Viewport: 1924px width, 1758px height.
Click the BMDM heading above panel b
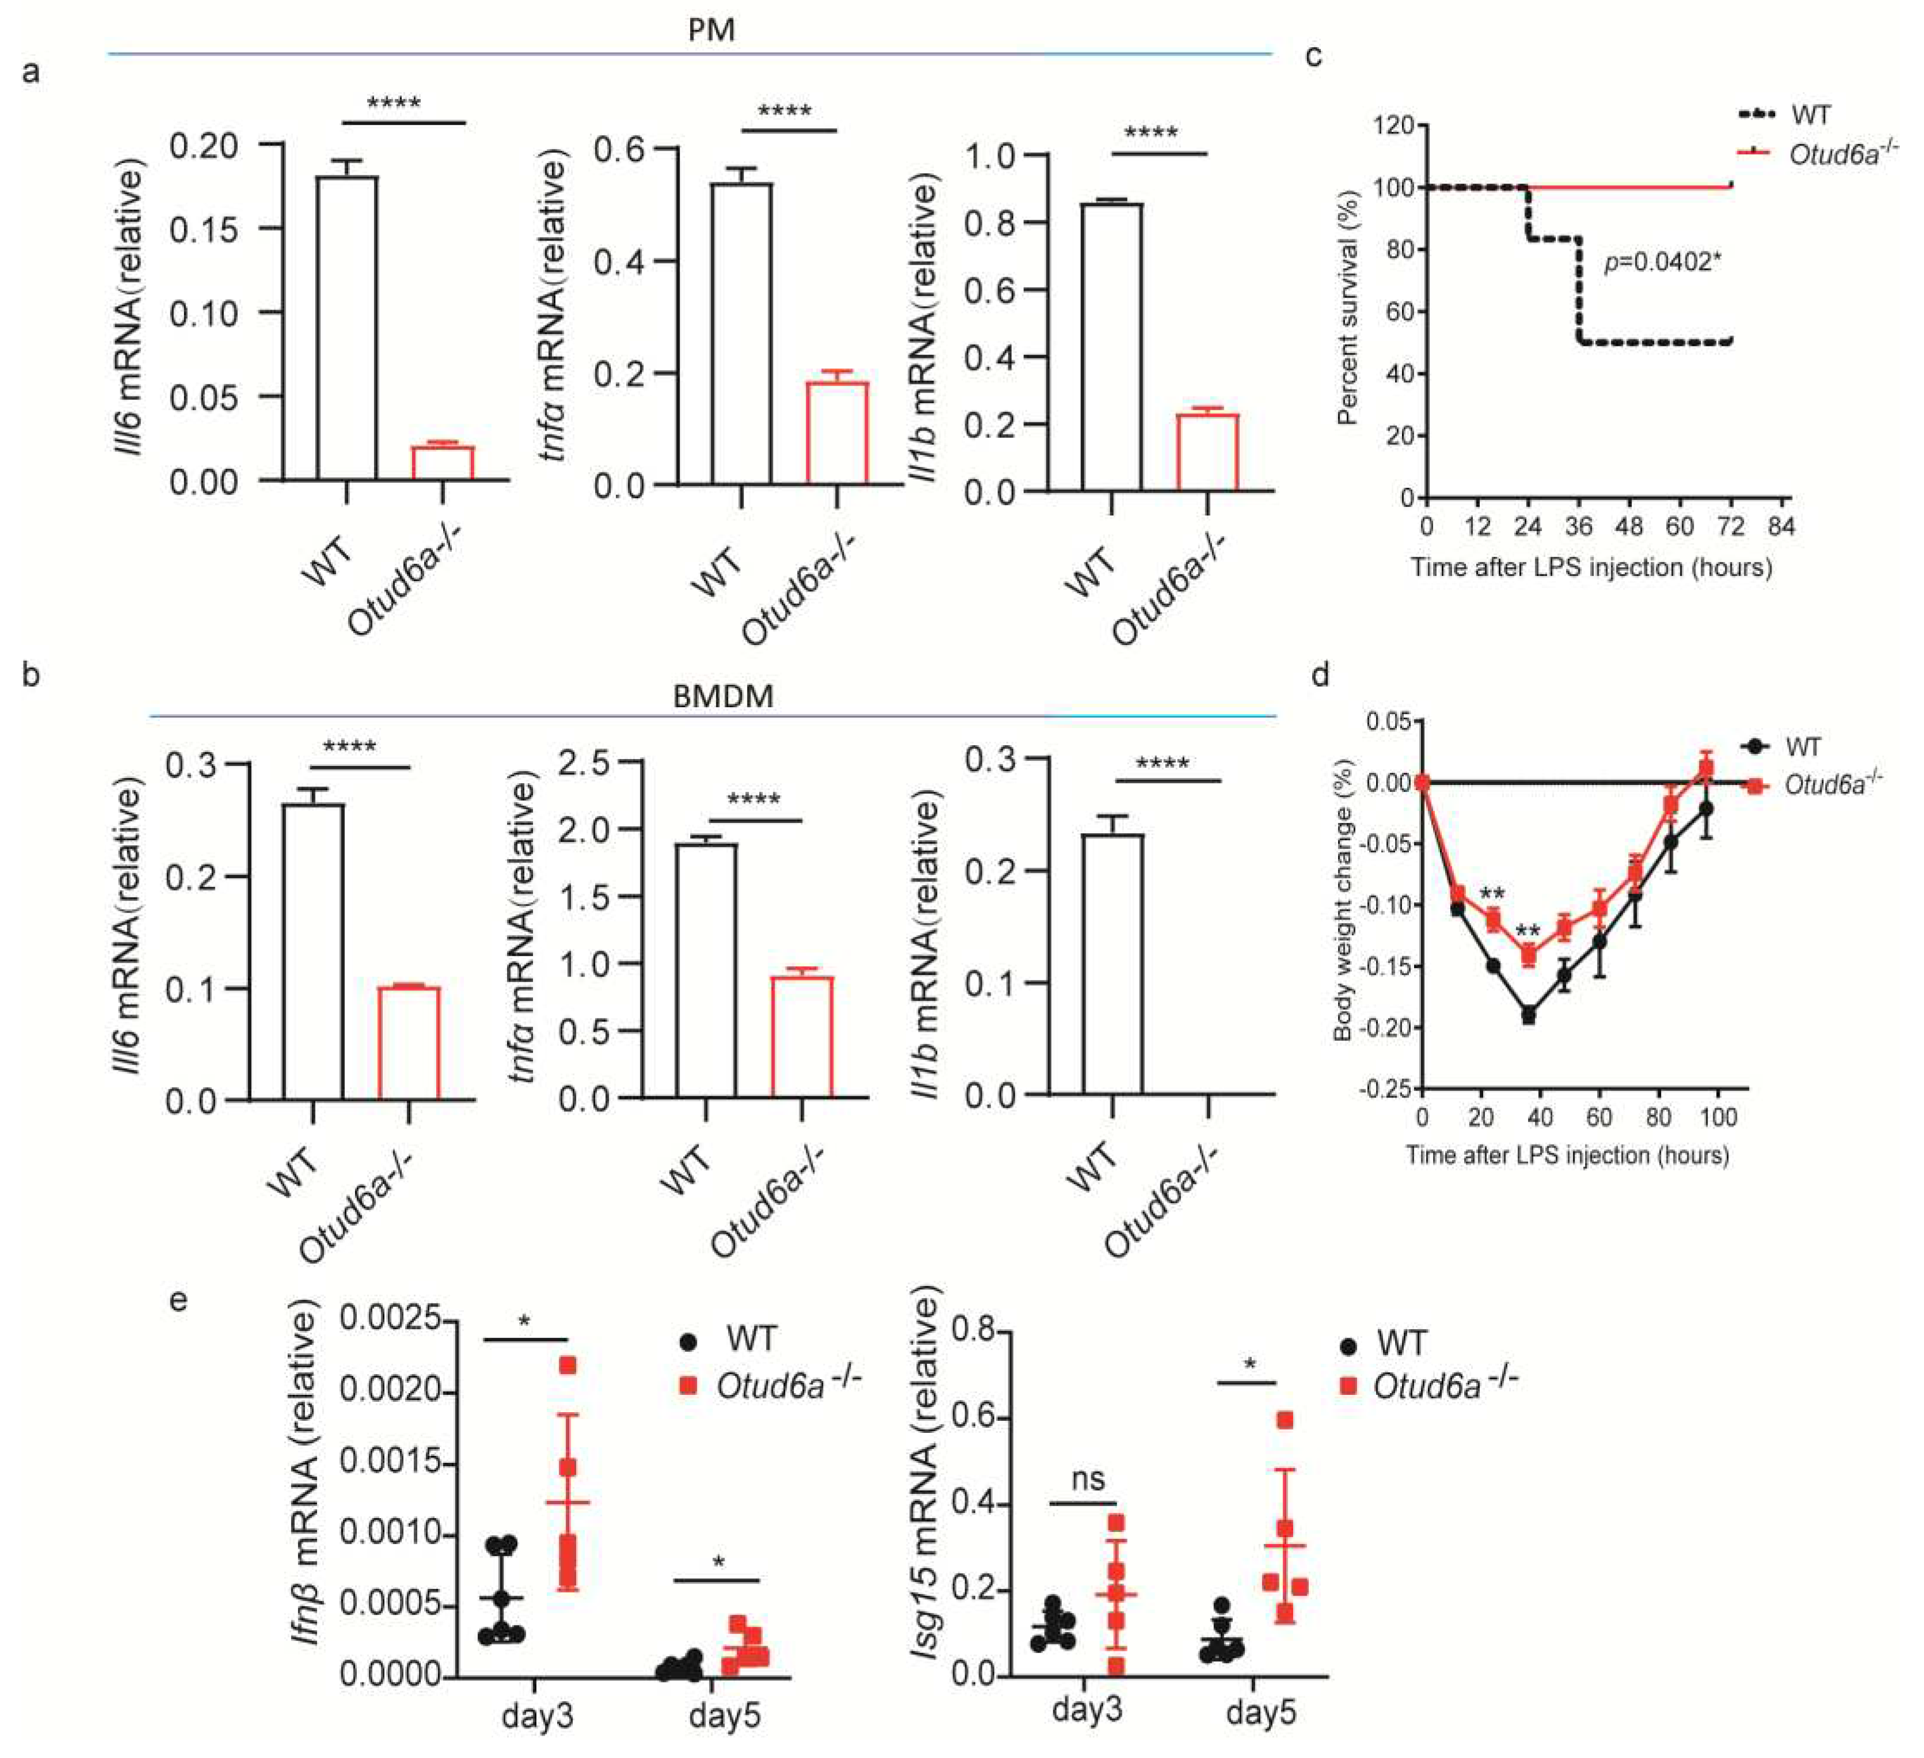[x=722, y=696]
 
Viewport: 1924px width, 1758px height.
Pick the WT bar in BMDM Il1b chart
[x=1113, y=964]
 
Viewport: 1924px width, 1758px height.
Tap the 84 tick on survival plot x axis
[x=1781, y=526]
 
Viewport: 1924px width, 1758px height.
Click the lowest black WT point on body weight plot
[x=1528, y=1016]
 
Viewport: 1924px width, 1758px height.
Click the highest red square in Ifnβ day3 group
[x=568, y=1366]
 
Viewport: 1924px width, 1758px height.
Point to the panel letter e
[x=177, y=1301]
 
